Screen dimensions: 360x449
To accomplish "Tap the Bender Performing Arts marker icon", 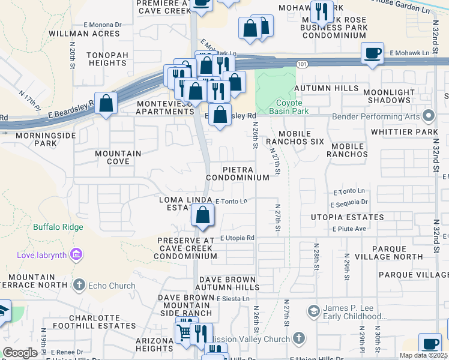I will pyautogui.click(x=429, y=115).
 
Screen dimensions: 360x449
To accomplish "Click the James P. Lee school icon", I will pyautogui.click(x=313, y=311).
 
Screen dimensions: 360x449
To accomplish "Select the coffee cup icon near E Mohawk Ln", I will pyautogui.click(x=373, y=53).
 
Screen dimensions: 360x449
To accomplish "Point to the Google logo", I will pyautogui.click(x=20, y=353).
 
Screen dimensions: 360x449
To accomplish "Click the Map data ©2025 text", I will pyautogui.click(x=423, y=355).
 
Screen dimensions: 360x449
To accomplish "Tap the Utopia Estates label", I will pyautogui.click(x=348, y=217).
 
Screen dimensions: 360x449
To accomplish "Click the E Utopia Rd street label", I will pyautogui.click(x=237, y=238).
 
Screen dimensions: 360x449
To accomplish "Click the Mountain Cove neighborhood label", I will pyautogui.click(x=118, y=157).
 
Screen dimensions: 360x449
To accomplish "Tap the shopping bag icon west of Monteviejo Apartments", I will pyautogui.click(x=106, y=103).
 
